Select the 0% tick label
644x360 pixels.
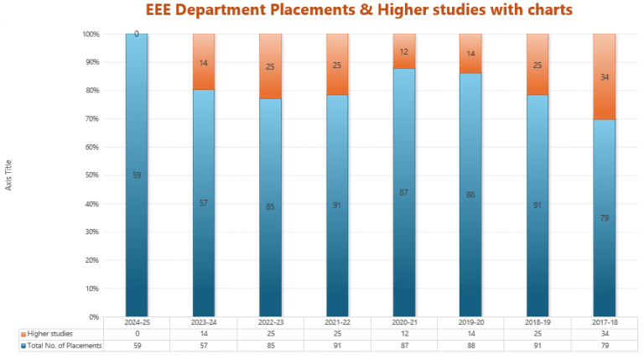pyautogui.click(x=91, y=317)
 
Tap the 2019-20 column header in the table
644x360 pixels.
pyautogui.click(x=470, y=321)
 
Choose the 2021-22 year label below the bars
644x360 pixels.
pyautogui.click(x=337, y=321)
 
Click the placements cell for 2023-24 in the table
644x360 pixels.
pyautogui.click(x=204, y=346)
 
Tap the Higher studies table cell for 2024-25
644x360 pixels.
pyautogui.click(x=137, y=333)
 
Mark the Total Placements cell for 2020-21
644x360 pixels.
pyautogui.click(x=403, y=346)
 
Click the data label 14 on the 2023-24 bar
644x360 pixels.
pyautogui.click(x=204, y=63)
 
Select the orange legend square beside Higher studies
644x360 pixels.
pyautogui.click(x=23, y=333)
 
